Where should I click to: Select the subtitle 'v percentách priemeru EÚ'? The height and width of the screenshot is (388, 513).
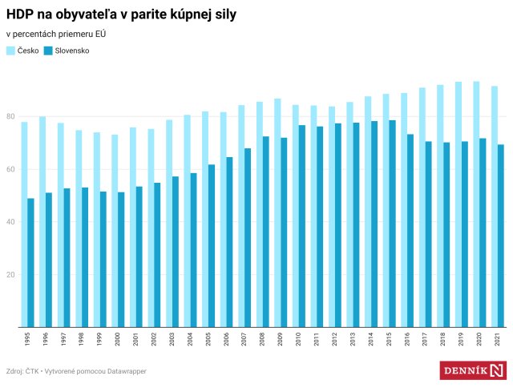56,34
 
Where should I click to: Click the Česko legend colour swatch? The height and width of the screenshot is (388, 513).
10,51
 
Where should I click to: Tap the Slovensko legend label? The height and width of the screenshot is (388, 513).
72,51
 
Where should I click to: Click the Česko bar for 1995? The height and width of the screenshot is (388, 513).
24,224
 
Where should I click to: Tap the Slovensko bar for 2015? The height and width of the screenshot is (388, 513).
392,224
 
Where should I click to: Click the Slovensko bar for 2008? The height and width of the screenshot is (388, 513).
265,232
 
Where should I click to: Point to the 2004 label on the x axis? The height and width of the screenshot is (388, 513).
190,339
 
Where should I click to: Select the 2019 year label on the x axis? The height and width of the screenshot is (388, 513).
461,339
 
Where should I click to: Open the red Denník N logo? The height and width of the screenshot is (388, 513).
473,370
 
